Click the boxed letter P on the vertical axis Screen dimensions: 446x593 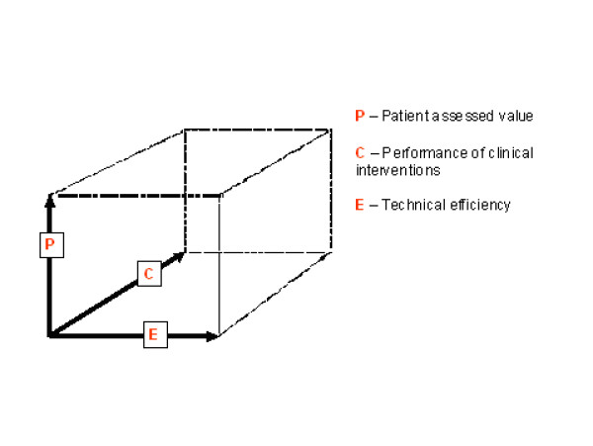(x=49, y=242)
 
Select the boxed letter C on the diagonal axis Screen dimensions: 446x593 (x=147, y=274)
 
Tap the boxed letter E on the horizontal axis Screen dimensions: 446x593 (x=152, y=335)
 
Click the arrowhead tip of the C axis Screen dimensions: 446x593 (x=184, y=253)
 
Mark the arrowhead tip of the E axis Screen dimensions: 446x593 (x=217, y=336)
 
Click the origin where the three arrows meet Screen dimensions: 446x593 (x=49, y=336)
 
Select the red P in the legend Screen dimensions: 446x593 (x=359, y=116)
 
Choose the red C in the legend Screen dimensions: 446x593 (x=359, y=153)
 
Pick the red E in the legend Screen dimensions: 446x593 (x=359, y=206)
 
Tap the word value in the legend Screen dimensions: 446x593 (x=514, y=116)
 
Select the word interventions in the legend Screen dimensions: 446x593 (x=397, y=170)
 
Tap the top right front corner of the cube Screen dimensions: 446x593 (x=218, y=196)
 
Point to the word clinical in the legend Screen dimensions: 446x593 (x=503, y=153)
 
